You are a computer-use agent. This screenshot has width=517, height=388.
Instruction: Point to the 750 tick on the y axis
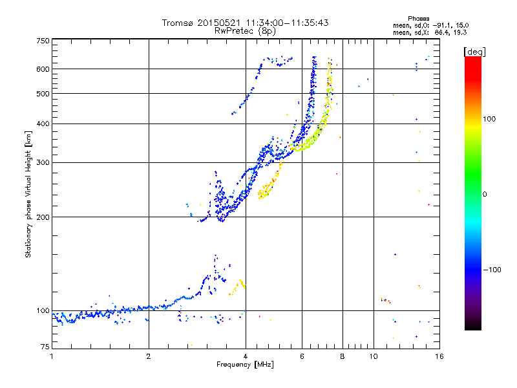(43, 41)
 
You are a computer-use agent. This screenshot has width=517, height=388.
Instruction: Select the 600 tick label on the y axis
(43, 69)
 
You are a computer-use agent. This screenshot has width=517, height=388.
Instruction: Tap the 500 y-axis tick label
(43, 94)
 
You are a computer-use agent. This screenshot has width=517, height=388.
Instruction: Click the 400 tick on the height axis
(43, 124)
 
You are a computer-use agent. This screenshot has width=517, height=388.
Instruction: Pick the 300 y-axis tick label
(43, 162)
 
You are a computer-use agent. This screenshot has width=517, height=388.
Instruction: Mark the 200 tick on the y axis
(43, 217)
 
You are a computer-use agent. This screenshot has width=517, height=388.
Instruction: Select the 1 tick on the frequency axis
(52, 356)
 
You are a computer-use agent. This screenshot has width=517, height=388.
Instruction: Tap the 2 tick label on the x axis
(149, 356)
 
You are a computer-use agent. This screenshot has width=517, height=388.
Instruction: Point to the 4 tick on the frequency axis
(246, 356)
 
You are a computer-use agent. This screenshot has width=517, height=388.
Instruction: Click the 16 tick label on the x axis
(438, 356)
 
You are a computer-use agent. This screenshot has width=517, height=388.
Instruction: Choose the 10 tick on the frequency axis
(373, 356)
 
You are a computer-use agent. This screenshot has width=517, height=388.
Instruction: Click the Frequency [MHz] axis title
(245, 364)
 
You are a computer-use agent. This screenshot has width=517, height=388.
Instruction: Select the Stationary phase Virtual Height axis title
(28, 194)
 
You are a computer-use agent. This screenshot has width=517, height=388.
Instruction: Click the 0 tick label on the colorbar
(485, 194)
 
